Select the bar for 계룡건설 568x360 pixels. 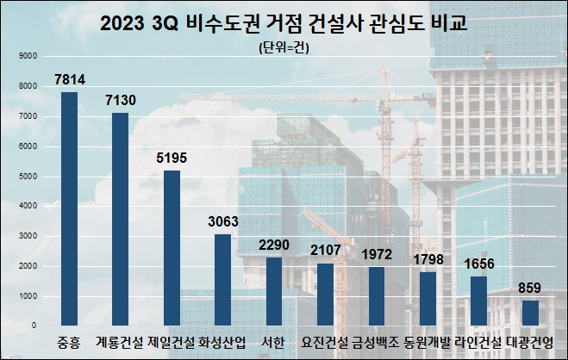[120, 219]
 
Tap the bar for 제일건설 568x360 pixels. [172, 248]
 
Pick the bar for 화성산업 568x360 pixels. [222, 280]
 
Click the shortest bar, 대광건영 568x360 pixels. [529, 313]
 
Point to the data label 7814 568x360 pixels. [69, 79]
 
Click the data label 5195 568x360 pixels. [172, 158]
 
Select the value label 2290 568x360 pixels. [274, 245]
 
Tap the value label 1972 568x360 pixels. [376, 254]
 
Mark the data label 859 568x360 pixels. [529, 288]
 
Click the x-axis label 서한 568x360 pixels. [274, 341]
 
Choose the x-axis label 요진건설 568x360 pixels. [325, 341]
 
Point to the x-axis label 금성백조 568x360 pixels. [376, 341]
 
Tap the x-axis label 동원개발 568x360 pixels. [427, 341]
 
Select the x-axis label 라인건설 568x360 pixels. [477, 341]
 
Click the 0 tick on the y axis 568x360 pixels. [34, 326]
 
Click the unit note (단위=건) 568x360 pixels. [284, 47]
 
